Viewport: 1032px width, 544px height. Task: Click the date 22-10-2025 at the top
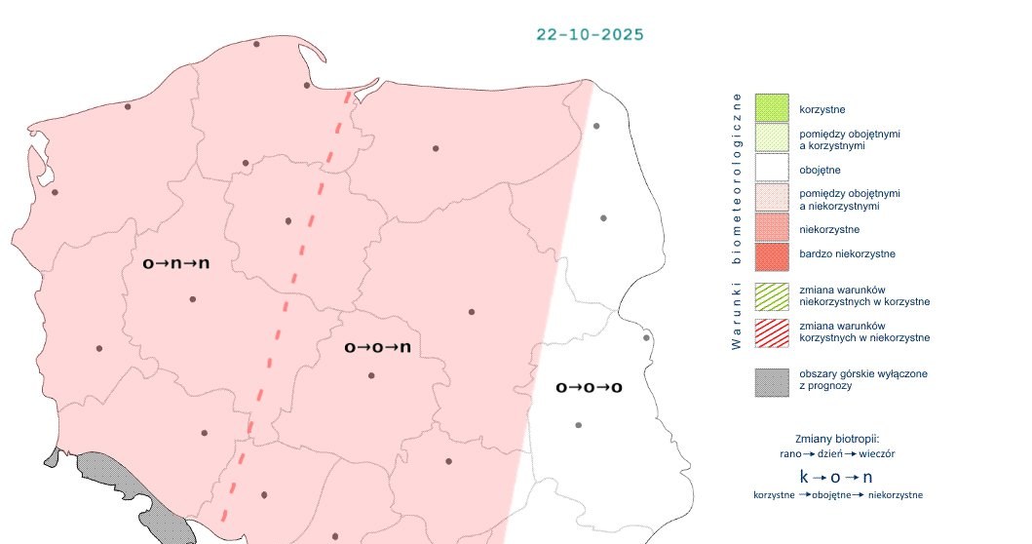tap(590, 34)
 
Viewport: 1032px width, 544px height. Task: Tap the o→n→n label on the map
tap(176, 263)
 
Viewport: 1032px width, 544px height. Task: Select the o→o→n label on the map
tap(377, 347)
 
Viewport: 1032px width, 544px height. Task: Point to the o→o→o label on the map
tap(589, 387)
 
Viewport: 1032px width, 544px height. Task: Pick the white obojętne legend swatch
tap(771, 170)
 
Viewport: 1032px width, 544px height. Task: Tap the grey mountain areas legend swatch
tap(771, 381)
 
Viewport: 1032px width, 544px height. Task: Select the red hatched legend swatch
tap(771, 331)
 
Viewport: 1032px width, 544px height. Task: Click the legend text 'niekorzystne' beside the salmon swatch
tap(829, 229)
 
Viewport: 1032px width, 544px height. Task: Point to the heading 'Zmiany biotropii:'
tap(837, 438)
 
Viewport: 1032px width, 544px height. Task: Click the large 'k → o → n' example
tap(836, 477)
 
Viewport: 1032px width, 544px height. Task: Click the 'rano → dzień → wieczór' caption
tap(837, 453)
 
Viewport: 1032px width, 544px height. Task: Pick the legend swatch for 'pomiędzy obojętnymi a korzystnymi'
tap(771, 139)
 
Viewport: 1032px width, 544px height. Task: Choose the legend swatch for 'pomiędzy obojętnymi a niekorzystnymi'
tap(771, 199)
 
